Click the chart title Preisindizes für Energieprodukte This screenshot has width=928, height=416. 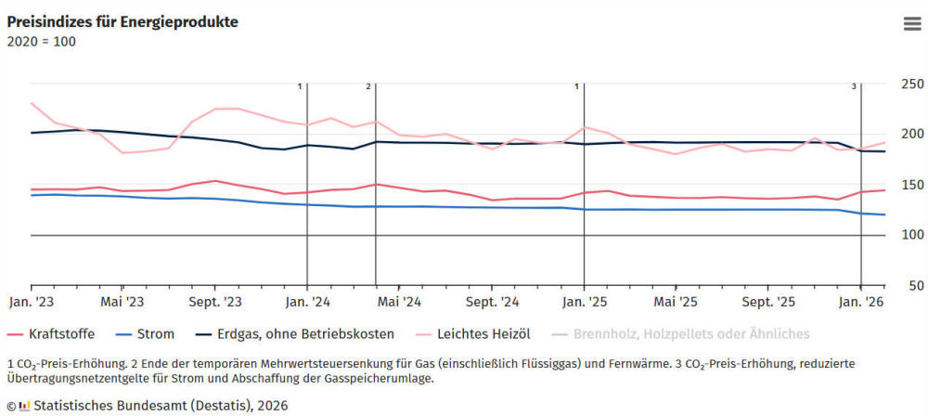coord(122,21)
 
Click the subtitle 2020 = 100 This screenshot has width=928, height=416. coord(42,41)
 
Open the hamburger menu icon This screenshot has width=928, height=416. coord(911,24)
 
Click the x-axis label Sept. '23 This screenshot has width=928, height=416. coord(215,302)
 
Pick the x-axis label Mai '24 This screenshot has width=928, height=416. coord(400,302)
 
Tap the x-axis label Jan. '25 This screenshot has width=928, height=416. coord(584,302)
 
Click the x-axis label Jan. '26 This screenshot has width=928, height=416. coord(861,302)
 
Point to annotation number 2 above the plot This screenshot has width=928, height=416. coord(368,86)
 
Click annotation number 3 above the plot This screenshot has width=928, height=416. coord(854,86)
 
